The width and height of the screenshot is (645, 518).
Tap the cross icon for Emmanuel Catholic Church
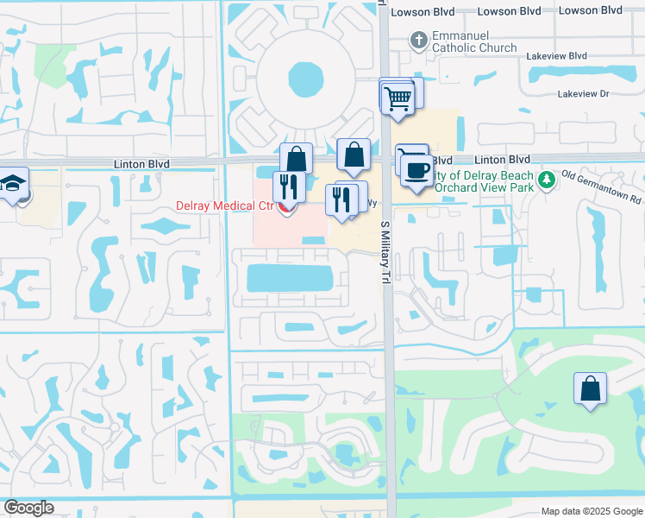click(x=418, y=39)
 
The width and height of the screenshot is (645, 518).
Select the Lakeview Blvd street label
click(x=554, y=55)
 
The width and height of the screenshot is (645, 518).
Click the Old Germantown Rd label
click(x=602, y=186)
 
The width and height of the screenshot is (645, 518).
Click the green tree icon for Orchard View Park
click(x=545, y=180)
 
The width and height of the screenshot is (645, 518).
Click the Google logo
click(x=28, y=508)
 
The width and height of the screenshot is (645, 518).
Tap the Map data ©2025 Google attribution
click(x=591, y=511)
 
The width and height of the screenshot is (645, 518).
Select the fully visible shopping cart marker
click(x=397, y=98)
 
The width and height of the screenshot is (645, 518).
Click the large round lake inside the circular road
click(x=306, y=80)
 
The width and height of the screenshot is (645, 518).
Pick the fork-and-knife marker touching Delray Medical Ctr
click(x=287, y=186)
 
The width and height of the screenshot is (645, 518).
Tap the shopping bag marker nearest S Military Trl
click(x=354, y=156)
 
